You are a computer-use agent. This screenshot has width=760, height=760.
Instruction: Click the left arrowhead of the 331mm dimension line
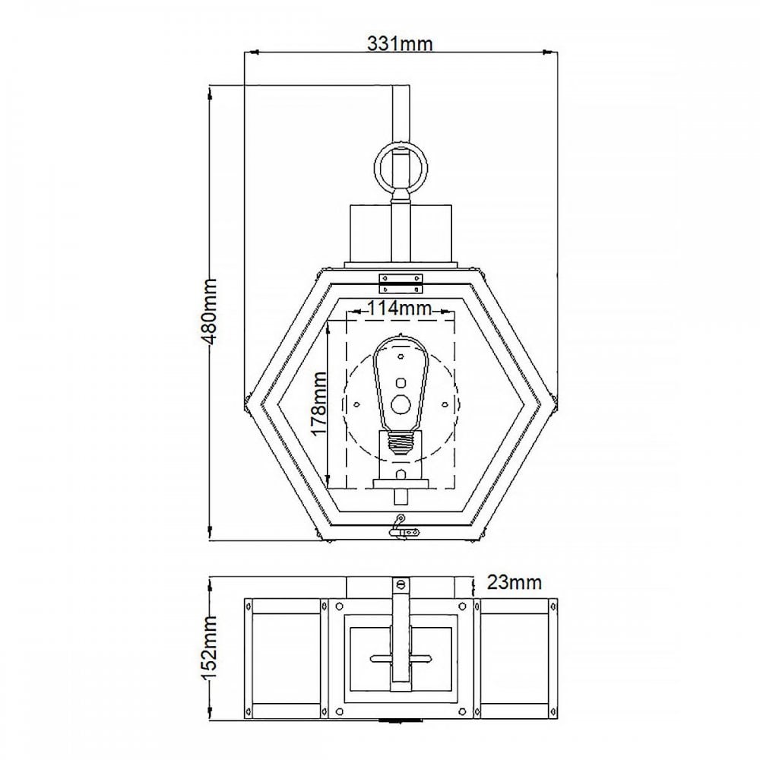251,52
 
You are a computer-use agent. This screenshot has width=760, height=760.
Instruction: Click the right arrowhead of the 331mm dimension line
549,52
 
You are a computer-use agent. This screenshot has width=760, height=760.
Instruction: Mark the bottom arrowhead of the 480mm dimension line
211,533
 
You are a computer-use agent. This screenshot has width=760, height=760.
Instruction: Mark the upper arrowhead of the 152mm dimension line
211,584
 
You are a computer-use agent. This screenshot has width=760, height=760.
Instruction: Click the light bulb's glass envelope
401,382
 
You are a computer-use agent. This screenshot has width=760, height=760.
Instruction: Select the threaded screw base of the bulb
401,443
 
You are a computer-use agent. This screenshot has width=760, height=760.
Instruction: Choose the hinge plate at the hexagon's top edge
401,283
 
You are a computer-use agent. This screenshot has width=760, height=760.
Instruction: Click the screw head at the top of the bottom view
401,585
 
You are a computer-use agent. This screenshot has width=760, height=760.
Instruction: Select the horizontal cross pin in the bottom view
401,659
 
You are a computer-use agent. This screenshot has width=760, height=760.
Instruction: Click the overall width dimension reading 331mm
400,43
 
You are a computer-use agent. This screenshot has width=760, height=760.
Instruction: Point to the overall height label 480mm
209,311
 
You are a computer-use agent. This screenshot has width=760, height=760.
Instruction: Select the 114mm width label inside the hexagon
399,308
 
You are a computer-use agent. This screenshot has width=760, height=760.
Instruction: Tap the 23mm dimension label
514,581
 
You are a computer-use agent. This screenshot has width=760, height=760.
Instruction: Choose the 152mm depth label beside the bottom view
209,648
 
